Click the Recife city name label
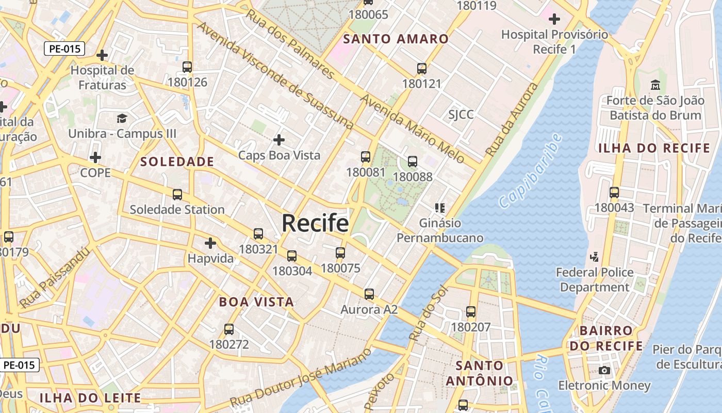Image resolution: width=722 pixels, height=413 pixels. [315, 224]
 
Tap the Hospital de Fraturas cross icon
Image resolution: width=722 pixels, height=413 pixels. [102, 55]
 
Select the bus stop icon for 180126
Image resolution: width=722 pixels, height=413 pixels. [187, 67]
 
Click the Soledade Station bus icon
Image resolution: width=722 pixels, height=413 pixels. [177, 195]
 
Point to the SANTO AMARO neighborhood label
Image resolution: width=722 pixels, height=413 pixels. [396, 39]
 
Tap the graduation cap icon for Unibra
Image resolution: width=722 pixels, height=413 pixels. [122, 119]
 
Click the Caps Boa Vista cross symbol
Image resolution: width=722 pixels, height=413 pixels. [279, 140]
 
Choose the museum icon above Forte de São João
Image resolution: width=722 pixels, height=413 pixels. [655, 85]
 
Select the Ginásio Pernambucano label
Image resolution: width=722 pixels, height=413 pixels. [440, 231]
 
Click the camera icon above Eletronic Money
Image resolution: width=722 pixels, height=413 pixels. [604, 370]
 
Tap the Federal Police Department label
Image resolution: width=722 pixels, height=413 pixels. [595, 279]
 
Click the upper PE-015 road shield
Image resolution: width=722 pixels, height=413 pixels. [64, 49]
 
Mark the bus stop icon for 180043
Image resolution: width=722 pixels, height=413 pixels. [614, 193]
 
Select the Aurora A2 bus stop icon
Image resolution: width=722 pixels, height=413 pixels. [369, 294]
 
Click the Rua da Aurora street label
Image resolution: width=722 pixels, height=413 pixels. [513, 120]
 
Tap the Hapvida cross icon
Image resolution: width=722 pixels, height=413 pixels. [210, 243]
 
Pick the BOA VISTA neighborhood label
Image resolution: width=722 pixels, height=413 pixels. [256, 302]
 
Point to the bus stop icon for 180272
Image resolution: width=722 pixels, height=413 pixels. [229, 329]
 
